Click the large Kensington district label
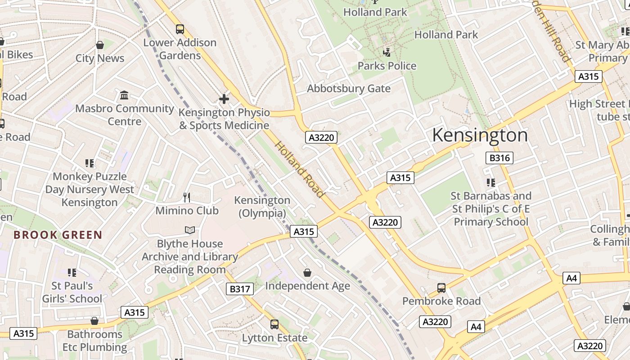point(480,135)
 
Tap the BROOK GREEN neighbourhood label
point(58,235)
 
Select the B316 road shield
point(499,158)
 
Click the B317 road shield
point(239,289)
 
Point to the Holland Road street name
point(300,170)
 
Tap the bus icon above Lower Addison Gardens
point(180,29)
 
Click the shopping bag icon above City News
point(100,45)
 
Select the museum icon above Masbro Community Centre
point(125,95)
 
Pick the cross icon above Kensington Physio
point(224,99)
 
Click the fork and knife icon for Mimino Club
point(187,197)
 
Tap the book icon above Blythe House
point(190,230)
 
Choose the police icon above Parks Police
point(387,53)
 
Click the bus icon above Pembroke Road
point(441,288)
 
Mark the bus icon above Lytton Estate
point(274,324)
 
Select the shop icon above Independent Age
point(307,273)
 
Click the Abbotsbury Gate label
point(349,89)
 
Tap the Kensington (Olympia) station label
point(262,207)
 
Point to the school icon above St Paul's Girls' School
point(72,272)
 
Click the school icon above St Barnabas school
point(491,183)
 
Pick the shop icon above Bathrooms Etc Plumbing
point(94,321)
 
